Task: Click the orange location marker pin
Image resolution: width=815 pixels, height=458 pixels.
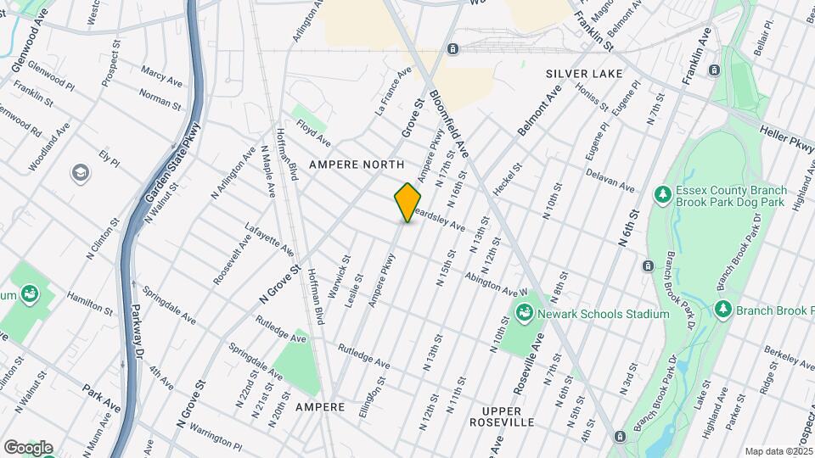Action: (408, 202)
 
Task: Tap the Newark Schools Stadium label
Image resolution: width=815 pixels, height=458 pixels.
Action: (606, 314)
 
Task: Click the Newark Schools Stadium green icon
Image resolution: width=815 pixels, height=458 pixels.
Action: (525, 314)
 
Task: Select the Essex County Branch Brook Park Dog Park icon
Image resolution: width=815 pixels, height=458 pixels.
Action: (662, 195)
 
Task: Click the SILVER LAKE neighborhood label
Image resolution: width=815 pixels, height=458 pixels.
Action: (584, 74)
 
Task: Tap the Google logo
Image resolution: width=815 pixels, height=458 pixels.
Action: (28, 447)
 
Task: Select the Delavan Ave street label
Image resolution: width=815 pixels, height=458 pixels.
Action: (610, 179)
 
